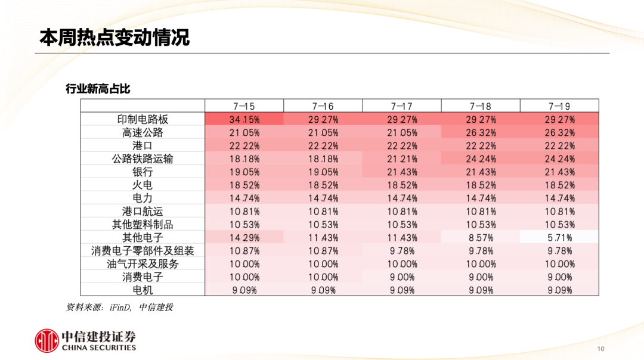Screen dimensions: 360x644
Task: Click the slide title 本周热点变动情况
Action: click(114, 37)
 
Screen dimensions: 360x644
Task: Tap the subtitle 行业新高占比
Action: click(98, 89)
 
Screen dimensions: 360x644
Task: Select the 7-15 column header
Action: click(244, 106)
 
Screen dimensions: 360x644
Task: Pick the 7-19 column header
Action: click(559, 106)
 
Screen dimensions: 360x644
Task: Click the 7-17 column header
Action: click(402, 106)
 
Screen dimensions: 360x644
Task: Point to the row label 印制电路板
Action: click(143, 119)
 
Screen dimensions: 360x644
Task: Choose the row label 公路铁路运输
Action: click(143, 159)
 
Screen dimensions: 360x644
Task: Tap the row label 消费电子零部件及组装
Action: click(143, 251)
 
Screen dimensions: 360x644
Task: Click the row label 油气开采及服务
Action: click(143, 264)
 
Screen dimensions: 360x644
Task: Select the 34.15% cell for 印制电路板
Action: click(244, 119)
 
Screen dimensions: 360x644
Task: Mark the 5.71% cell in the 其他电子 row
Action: click(559, 238)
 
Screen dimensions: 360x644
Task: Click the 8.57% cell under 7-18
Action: click(481, 238)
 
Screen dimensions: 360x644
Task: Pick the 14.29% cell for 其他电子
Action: click(244, 238)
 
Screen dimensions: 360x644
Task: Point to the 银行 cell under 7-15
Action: click(244, 172)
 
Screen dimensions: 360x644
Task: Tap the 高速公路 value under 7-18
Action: click(481, 132)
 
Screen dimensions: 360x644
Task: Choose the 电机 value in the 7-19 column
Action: click(559, 290)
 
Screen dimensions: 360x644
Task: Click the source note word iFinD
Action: click(119, 308)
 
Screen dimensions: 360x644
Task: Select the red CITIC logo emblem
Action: click(47, 340)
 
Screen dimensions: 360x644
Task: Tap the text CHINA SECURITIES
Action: click(99, 347)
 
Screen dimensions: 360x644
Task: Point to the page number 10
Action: click(600, 349)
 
